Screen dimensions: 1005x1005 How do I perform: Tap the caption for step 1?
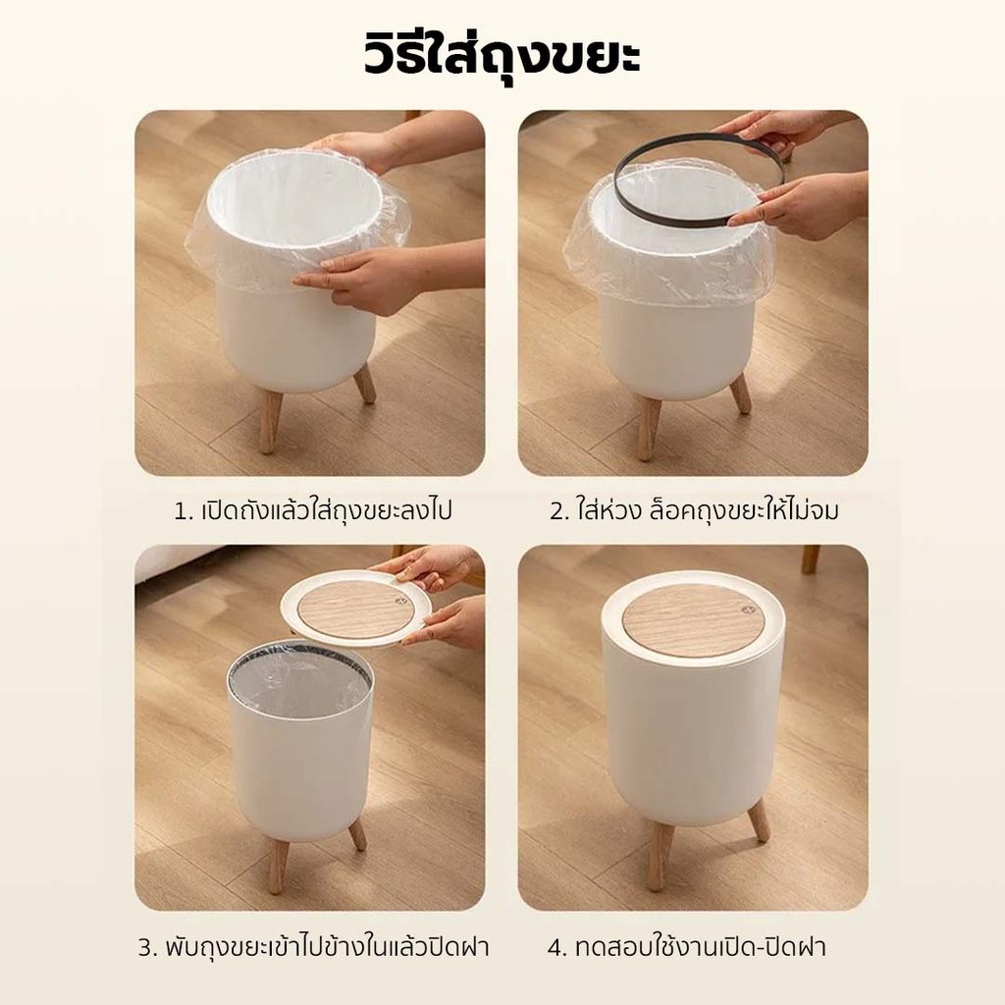pyautogui.click(x=313, y=511)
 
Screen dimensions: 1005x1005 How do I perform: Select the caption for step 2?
pyautogui.click(x=694, y=510)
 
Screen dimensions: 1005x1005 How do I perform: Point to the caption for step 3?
pyautogui.click(x=313, y=947)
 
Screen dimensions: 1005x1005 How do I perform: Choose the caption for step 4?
pyautogui.click(x=686, y=947)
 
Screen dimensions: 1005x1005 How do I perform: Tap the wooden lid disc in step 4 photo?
pyautogui.click(x=694, y=620)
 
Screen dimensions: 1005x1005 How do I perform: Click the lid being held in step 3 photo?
pyautogui.click(x=354, y=607)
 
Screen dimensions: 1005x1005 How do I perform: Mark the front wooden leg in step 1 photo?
pyautogui.click(x=270, y=420)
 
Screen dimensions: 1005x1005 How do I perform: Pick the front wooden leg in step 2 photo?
pyautogui.click(x=650, y=427)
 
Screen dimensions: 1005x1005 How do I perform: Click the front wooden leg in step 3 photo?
pyautogui.click(x=277, y=862)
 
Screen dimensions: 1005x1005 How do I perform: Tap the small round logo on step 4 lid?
pyautogui.click(x=747, y=609)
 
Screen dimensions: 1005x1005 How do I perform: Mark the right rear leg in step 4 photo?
pyautogui.click(x=759, y=819)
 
